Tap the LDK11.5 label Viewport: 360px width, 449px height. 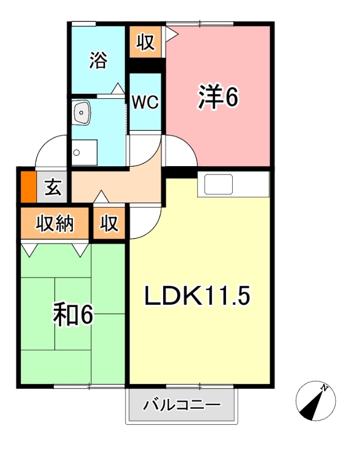click(197, 296)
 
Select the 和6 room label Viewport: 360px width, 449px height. click(72, 315)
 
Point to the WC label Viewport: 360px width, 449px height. click(145, 102)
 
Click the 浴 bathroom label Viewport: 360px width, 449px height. click(98, 61)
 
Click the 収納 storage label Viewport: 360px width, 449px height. click(55, 224)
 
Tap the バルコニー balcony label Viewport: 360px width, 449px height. click(181, 405)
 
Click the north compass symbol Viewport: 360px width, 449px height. click(315, 401)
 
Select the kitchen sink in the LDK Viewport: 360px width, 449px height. click(219, 184)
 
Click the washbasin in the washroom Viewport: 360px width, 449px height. click(82, 114)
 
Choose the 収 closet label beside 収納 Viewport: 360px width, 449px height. click(110, 224)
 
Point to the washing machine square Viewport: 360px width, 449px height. click(84, 152)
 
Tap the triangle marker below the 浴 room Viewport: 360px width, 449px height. click(118, 88)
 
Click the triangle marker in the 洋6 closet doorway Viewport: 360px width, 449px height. click(172, 34)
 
